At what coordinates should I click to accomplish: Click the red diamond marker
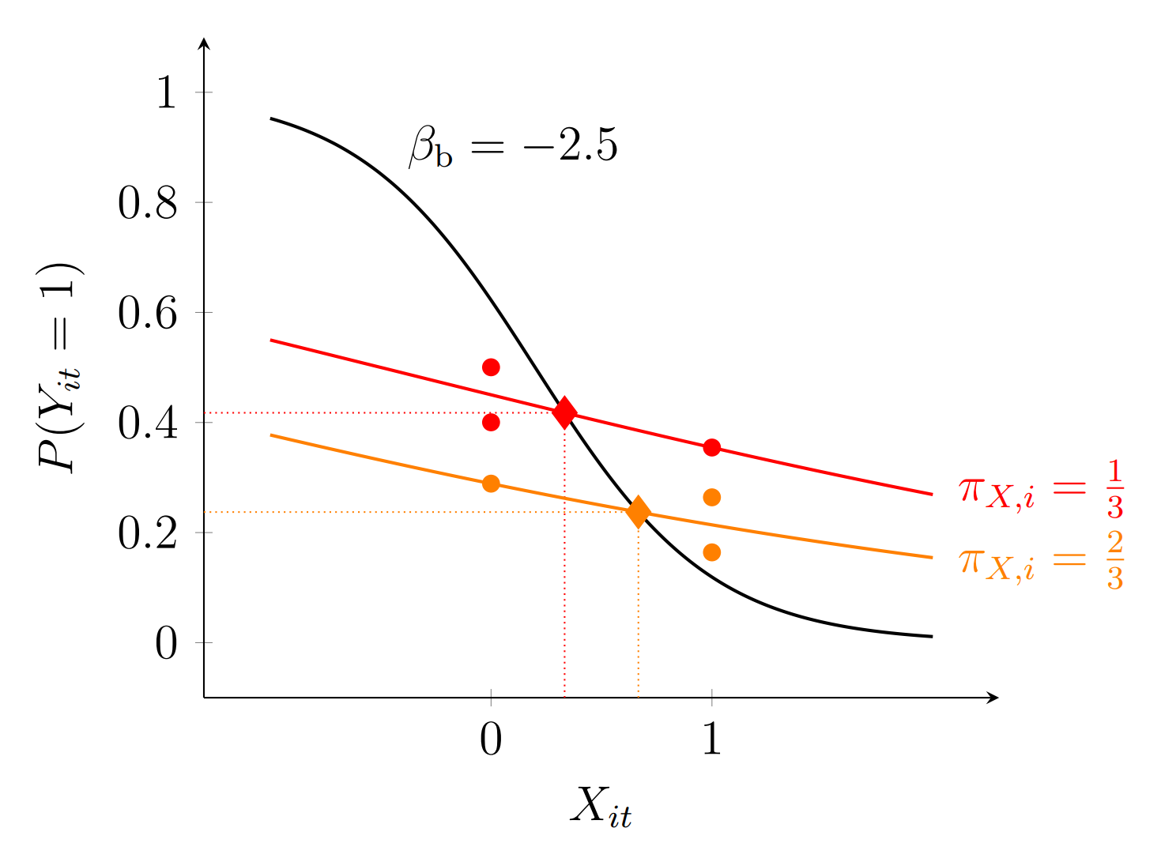tap(564, 412)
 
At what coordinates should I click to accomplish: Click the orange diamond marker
tap(638, 512)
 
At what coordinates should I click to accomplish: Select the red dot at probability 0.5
tap(491, 367)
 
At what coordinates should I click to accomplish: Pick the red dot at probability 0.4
tap(491, 423)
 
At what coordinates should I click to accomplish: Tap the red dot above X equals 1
tap(712, 448)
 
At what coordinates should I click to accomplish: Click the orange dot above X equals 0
tap(491, 484)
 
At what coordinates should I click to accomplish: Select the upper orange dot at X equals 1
tap(712, 498)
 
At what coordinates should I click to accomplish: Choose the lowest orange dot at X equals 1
tap(712, 552)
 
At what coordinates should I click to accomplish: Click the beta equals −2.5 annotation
tap(512, 147)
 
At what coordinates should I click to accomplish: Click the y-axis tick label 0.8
tap(147, 204)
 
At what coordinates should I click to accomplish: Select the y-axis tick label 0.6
tap(147, 314)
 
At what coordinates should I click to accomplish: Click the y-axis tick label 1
tap(166, 93)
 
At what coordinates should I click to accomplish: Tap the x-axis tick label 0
tap(491, 739)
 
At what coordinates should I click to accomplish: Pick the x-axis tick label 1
tap(712, 739)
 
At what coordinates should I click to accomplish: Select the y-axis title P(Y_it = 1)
tap(60, 367)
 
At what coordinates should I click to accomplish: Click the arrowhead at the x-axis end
tap(993, 698)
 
